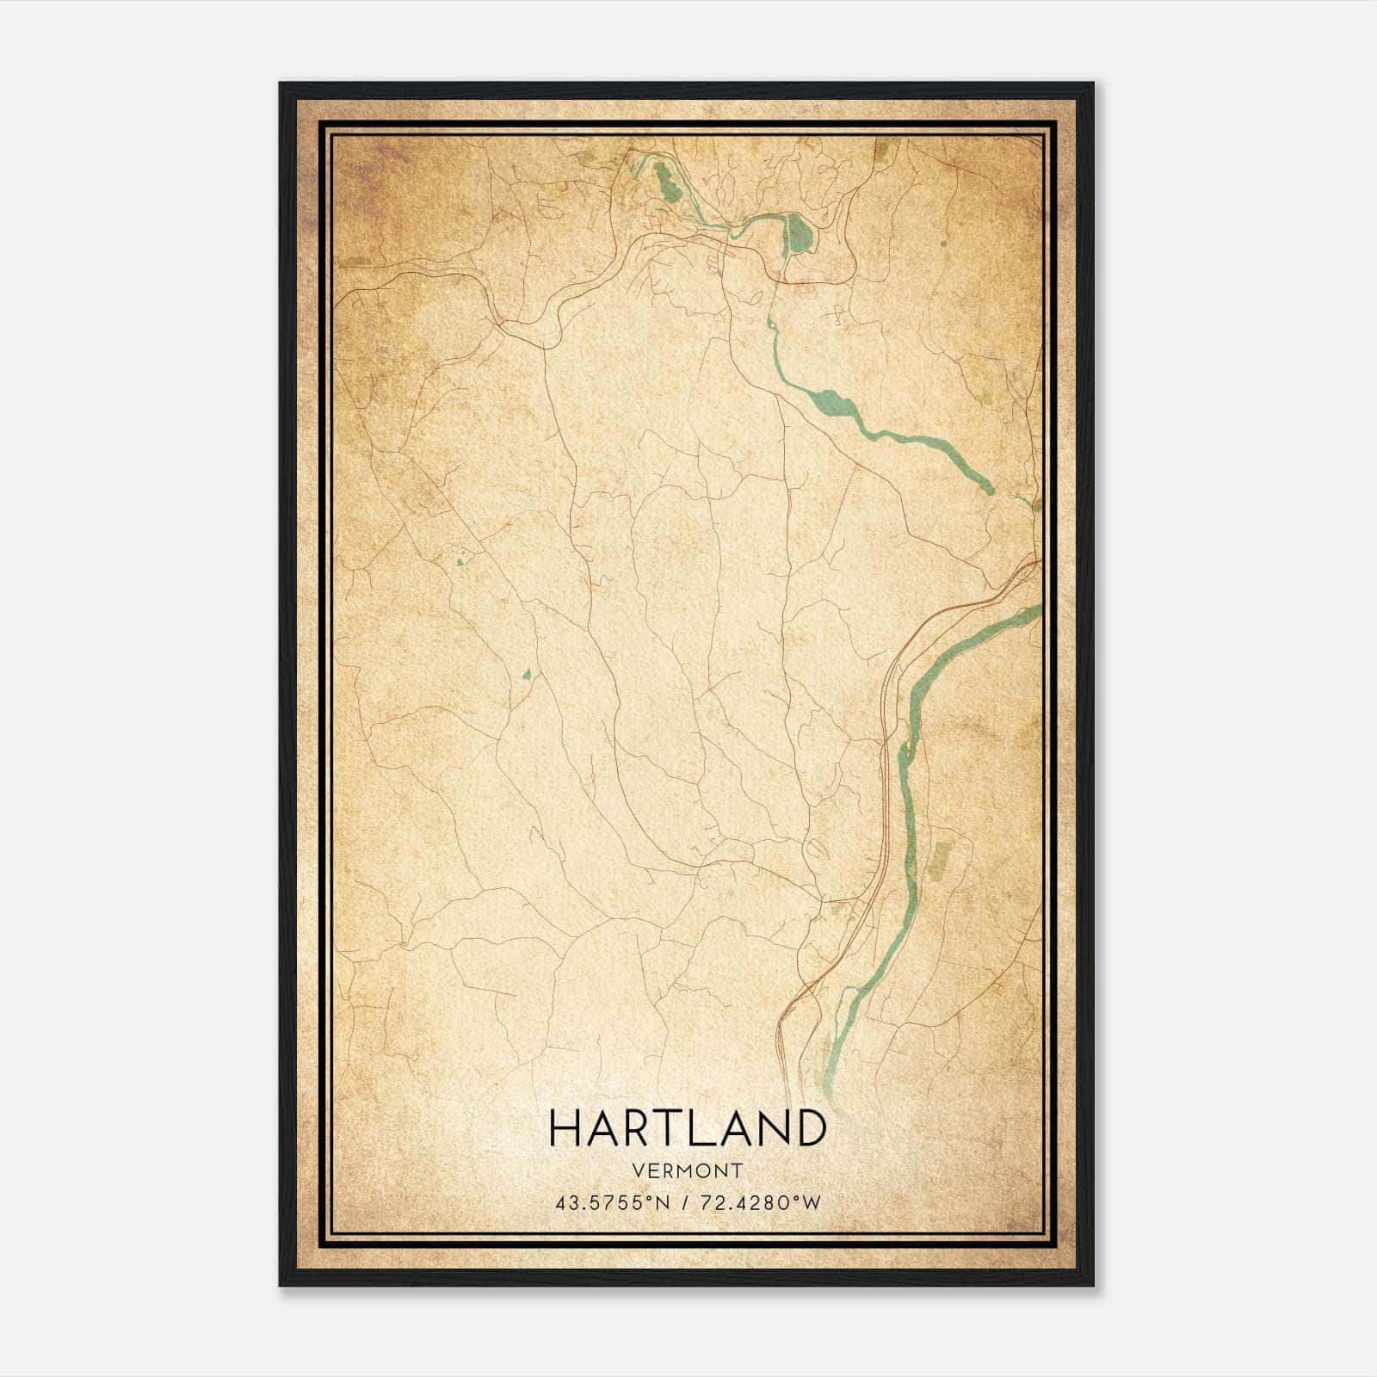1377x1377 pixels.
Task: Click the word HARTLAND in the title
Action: point(687,1128)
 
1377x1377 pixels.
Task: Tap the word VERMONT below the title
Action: point(687,1170)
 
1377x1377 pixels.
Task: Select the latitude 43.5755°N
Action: point(611,1203)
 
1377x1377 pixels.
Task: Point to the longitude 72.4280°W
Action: point(761,1203)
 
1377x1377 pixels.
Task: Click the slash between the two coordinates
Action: point(685,1203)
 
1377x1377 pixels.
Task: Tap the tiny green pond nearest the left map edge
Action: point(460,563)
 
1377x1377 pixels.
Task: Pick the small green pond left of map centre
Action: point(527,674)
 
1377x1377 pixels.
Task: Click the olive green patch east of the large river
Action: point(938,861)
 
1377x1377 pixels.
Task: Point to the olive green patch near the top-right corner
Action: point(881,151)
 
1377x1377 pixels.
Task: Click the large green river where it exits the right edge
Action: point(1033,611)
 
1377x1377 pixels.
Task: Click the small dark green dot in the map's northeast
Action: point(944,243)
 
